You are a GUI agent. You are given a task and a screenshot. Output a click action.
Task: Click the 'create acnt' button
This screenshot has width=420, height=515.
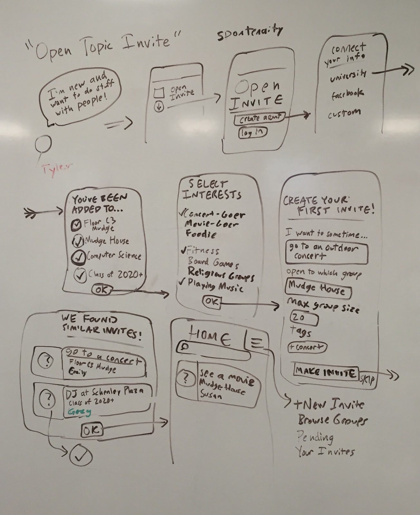tap(259, 118)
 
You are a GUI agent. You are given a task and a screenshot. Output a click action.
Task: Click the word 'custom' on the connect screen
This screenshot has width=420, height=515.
tap(344, 114)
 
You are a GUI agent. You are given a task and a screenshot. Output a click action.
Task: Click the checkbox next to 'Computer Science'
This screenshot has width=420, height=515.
tap(78, 256)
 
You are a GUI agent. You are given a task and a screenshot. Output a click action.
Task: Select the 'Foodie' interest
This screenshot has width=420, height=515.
tap(200, 234)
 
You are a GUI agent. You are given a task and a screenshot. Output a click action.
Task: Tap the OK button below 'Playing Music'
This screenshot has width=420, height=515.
tap(212, 302)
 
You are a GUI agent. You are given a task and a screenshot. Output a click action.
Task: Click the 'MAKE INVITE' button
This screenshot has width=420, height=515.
tap(326, 372)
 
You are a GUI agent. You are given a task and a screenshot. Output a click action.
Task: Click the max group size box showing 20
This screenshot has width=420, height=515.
tap(304, 318)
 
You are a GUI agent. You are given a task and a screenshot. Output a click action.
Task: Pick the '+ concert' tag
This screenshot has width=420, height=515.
tap(307, 347)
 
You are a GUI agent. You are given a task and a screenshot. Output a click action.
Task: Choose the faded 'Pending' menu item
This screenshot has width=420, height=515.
tap(315, 437)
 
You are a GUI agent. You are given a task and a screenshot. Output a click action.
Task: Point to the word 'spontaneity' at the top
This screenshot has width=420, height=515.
tap(250, 33)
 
